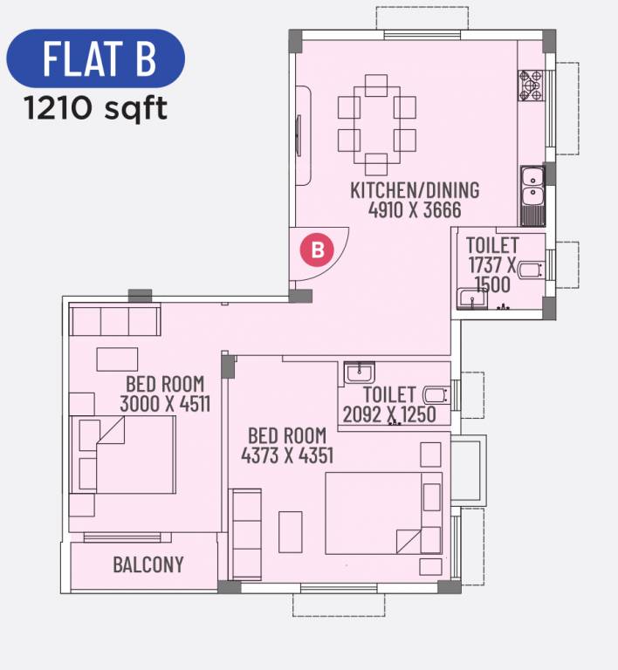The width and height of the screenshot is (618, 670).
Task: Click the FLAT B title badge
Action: point(96,58)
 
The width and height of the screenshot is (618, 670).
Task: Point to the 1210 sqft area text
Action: point(96,109)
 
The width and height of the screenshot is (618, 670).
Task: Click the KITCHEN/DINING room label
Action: point(415,190)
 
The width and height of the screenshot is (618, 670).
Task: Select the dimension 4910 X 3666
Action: point(415,210)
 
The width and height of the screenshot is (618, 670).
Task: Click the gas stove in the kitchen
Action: point(531,85)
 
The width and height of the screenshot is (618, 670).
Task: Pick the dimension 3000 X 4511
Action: point(164,403)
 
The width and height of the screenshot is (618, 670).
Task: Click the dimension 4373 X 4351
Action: point(287,455)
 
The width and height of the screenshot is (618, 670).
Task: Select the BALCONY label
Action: point(148,564)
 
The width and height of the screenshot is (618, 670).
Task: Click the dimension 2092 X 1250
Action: point(389,414)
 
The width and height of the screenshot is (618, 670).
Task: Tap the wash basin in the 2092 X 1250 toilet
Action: point(360,373)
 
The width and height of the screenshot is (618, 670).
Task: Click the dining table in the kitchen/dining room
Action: point(376,124)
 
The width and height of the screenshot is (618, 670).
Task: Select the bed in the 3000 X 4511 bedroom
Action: point(123,455)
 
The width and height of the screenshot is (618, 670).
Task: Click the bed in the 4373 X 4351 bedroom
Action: point(383,513)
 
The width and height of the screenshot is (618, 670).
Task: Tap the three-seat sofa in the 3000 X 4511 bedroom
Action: point(114,320)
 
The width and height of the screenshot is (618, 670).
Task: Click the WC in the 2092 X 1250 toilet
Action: point(436,395)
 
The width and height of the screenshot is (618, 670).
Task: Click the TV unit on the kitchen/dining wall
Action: point(301,134)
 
